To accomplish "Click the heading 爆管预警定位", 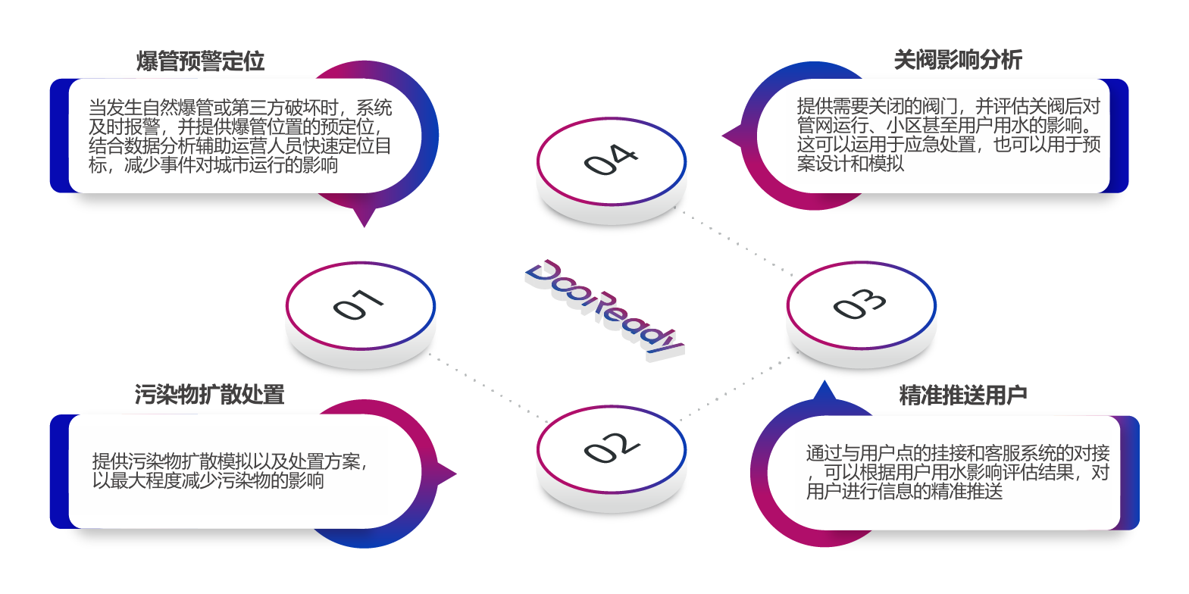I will pyautogui.click(x=200, y=61).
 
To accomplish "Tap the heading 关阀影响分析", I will pyautogui.click(x=958, y=60).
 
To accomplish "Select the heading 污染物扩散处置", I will pyautogui.click(x=209, y=395).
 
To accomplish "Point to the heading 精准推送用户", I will pyautogui.click(x=962, y=395).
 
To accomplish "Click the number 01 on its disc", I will pyautogui.click(x=359, y=305).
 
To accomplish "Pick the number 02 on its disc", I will pyautogui.click(x=611, y=448).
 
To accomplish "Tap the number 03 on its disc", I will pyautogui.click(x=860, y=304).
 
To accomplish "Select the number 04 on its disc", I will pyautogui.click(x=611, y=160).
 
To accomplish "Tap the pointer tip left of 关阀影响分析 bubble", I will pyautogui.click(x=725, y=137).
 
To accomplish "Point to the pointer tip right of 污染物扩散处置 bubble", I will pyautogui.click(x=455, y=475).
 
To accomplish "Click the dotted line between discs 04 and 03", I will pyautogui.click(x=735, y=242).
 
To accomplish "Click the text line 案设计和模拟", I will pyautogui.click(x=850, y=164).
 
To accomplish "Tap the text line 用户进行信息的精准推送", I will pyautogui.click(x=904, y=492).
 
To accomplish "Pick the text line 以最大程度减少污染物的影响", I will pyautogui.click(x=208, y=481).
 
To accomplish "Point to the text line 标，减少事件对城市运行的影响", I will pyautogui.click(x=213, y=165).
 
